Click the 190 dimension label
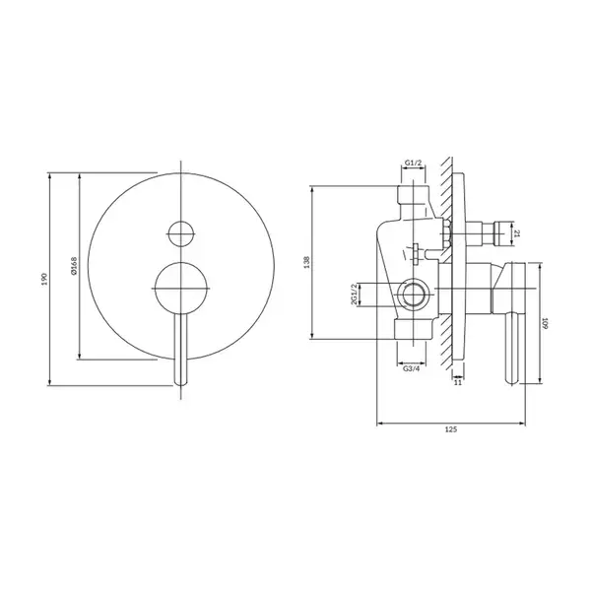point(45,279)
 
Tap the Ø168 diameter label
point(74,266)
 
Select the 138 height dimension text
point(306,262)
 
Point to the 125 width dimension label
point(451,429)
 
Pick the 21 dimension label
point(517,233)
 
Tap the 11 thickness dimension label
point(458,382)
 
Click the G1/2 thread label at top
point(413,163)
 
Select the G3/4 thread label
point(411,368)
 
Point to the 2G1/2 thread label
point(354,295)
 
